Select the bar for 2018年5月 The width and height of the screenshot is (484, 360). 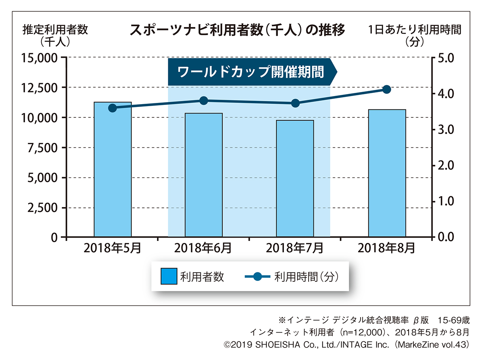(x=113, y=170)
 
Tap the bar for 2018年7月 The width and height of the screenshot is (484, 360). (x=295, y=178)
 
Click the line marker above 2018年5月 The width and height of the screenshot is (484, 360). (x=113, y=108)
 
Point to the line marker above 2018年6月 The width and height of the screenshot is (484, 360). (x=204, y=100)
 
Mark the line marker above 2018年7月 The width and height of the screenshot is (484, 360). (x=295, y=103)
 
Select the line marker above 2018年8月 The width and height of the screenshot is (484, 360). (x=386, y=89)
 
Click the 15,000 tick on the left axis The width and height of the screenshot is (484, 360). (x=39, y=58)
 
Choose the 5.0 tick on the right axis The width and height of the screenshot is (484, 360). (x=445, y=58)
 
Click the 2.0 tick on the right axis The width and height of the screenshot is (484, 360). (x=445, y=165)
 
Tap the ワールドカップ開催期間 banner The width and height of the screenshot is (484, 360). (x=250, y=72)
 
